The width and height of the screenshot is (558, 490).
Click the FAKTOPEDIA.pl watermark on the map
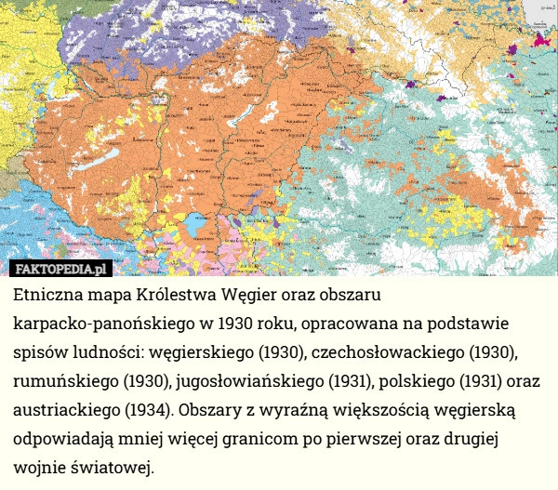tap(61, 269)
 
